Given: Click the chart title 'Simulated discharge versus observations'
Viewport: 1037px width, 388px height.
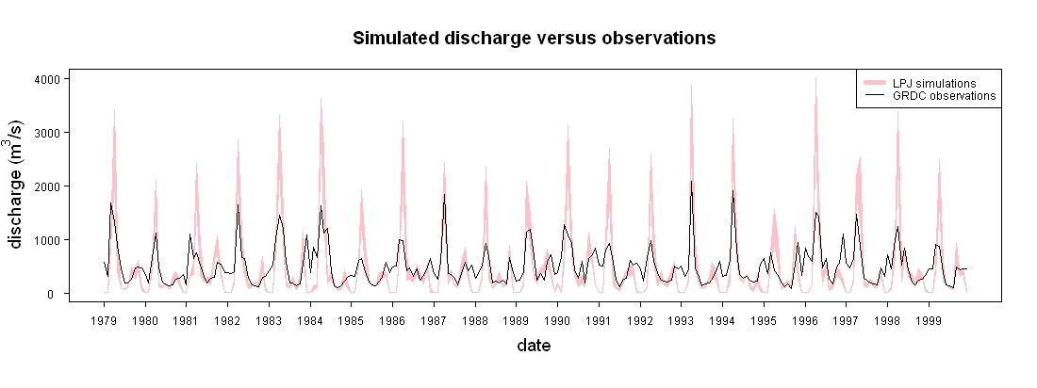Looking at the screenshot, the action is pyautogui.click(x=535, y=39).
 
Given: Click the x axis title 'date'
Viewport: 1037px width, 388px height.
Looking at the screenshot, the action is pyautogui.click(x=534, y=345).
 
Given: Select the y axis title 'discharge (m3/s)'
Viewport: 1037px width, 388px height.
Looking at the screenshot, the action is pyautogui.click(x=18, y=185).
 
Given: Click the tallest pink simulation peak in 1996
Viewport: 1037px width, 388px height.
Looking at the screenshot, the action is pyautogui.click(x=815, y=77).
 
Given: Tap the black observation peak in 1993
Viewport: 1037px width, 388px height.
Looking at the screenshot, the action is pyautogui.click(x=691, y=181).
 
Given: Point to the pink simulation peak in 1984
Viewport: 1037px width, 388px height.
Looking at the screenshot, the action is pyautogui.click(x=321, y=99).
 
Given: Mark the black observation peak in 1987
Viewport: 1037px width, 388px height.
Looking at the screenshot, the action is pyautogui.click(x=444, y=194).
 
